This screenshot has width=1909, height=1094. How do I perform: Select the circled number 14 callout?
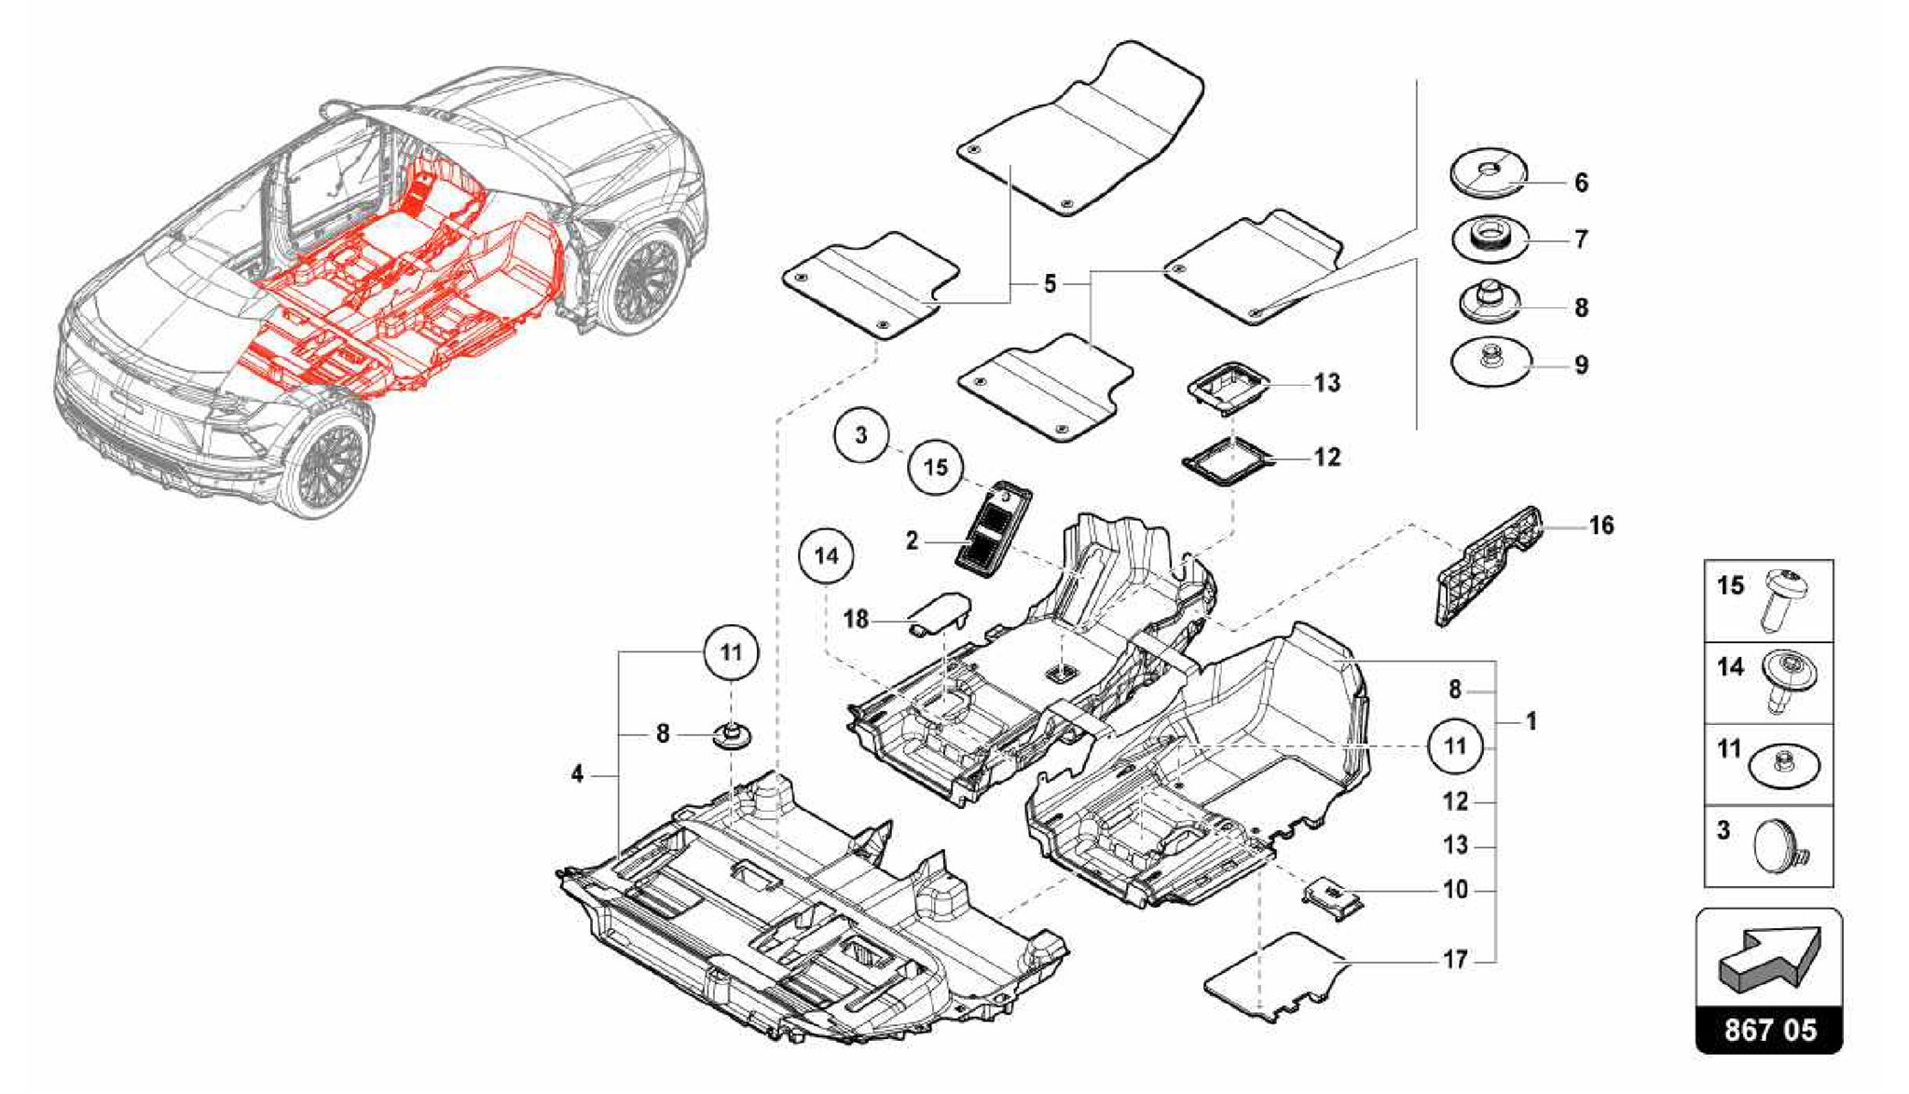826,556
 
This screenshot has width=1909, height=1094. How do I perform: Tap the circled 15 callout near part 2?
935,467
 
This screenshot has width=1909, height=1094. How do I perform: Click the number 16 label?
1600,526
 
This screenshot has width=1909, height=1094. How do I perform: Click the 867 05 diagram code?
1769,1030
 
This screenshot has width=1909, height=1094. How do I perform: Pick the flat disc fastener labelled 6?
1489,174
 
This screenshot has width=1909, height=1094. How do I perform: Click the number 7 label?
1581,239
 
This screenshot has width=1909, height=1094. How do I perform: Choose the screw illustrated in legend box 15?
1784,598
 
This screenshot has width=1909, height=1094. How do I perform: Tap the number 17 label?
1455,959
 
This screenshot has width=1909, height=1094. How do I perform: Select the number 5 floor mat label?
1050,283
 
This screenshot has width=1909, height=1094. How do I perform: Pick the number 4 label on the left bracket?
578,773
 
